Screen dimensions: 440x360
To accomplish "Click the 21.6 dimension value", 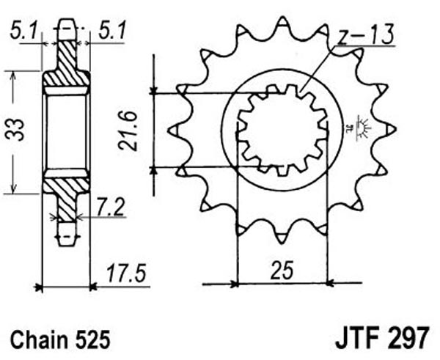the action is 128,131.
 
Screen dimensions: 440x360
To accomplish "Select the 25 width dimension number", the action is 282,271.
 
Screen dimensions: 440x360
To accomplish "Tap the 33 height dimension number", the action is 15,129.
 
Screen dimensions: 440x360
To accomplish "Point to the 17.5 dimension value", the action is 126,273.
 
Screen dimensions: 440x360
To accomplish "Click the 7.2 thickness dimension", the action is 110,207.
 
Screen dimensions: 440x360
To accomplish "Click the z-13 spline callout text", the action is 364,34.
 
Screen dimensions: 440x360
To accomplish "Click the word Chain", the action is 40,339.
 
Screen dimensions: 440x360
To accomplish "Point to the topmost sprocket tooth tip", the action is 282,18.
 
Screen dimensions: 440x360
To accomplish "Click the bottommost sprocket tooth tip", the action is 281,243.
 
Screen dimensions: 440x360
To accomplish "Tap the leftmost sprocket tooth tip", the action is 169,131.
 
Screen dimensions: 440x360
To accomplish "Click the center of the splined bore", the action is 282,130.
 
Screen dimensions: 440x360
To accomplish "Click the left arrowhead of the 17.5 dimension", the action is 38,287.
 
